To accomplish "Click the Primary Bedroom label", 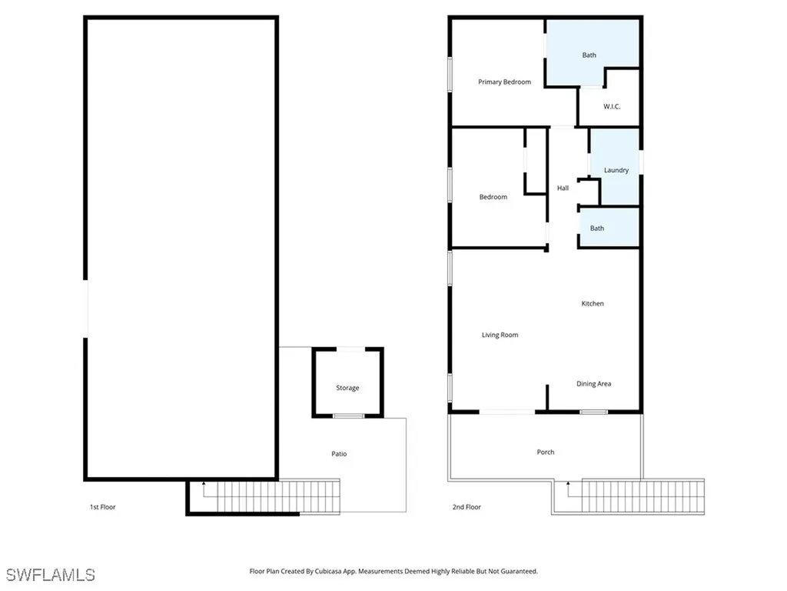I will (504, 82).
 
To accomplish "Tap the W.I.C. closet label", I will (612, 106).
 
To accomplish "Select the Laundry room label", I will (616, 170).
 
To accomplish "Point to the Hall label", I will (563, 188).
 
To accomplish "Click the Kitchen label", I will (593, 304).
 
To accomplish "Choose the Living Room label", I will (500, 335).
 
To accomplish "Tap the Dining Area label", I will (594, 384).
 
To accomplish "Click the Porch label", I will (545, 452).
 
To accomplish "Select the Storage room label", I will (347, 388).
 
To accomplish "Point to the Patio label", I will (339, 454).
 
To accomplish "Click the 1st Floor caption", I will (102, 507).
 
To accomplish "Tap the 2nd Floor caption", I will (467, 507).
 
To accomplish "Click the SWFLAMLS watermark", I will (51, 575).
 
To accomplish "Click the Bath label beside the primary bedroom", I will (589, 55).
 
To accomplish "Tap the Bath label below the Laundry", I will (597, 229).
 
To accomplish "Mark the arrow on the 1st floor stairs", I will (204, 484).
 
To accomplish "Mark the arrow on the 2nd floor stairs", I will (568, 484).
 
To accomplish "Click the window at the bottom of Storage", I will (347, 416).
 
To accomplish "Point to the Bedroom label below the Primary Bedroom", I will (493, 197).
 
